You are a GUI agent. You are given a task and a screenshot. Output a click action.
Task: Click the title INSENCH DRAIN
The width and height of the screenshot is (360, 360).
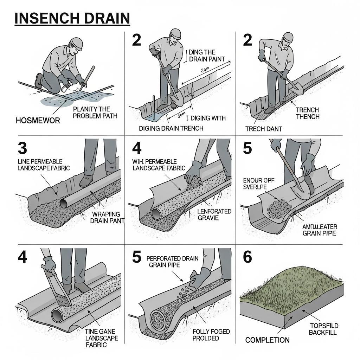pos(72,18)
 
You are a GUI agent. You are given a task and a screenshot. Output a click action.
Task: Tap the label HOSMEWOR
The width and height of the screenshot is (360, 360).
pos(38,121)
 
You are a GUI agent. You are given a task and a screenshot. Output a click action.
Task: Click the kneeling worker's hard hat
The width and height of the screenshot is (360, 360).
pos(76,44)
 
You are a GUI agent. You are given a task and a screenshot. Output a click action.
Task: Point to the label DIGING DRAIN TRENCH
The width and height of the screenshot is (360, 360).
pos(171,128)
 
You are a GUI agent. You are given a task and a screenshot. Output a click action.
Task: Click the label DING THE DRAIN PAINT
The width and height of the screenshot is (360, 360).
pos(207,56)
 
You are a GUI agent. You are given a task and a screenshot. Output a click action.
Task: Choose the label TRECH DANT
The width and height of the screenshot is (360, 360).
pos(264,129)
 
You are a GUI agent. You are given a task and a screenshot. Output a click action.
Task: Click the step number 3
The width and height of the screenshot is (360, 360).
pos(22,148)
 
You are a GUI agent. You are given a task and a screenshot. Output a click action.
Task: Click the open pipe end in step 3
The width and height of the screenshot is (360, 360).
pos(65,203)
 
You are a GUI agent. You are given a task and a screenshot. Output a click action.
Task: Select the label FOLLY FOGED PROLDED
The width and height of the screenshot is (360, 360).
pos(211,335)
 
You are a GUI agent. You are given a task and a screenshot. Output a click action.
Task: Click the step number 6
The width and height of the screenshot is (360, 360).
pos(247,257)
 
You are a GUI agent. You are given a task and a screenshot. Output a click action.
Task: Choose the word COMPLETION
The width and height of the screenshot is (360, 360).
pos(268,340)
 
